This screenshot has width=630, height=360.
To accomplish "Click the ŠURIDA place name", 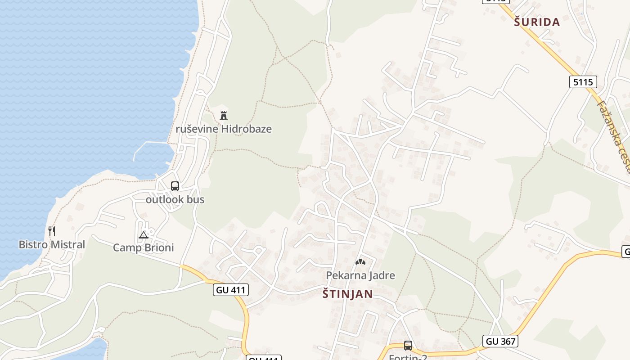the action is tap(537, 22).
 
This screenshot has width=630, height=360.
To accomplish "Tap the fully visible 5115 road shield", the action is tap(583, 82).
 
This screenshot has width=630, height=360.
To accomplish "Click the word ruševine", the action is tap(197, 129).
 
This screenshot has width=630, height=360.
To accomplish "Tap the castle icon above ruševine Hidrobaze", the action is tap(224, 115).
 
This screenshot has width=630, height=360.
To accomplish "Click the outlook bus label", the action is tap(175, 199).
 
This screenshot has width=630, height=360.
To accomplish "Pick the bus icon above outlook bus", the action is tap(175, 186).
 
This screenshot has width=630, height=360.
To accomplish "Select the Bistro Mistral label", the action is tap(52, 245).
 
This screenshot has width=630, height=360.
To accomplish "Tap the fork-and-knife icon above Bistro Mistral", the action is tap(52, 231).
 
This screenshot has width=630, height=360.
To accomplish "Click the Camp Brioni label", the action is tap(143, 247).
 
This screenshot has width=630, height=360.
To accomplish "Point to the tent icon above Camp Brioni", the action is tap(143, 234).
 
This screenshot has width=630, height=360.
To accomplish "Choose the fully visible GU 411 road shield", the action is tap(231, 290).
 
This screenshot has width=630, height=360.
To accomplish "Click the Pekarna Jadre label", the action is tap(360, 275).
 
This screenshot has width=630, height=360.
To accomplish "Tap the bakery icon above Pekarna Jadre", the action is tap(360, 262).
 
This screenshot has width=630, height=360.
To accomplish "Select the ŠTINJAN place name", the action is tap(348, 294).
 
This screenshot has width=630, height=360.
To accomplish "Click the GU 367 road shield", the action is tap(500, 341).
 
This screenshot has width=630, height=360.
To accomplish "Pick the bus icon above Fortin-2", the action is tap(408, 346).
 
